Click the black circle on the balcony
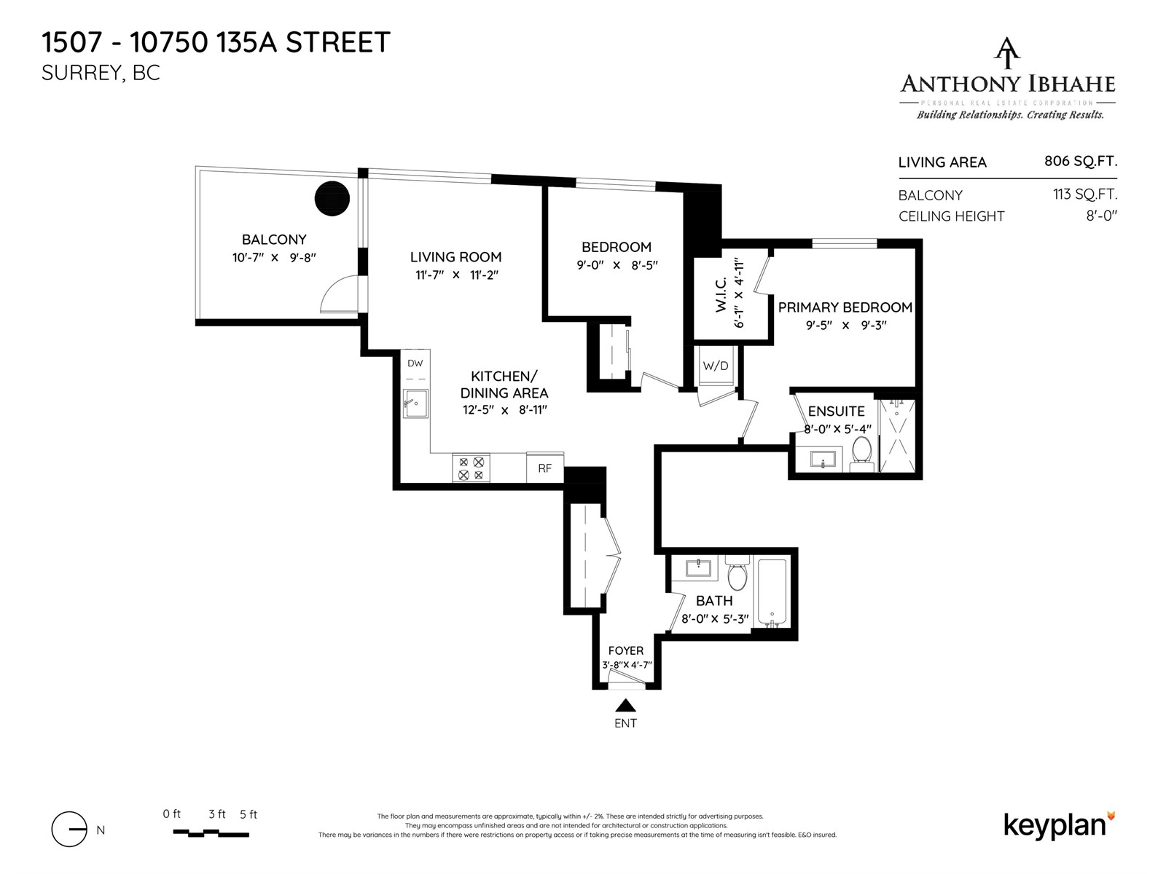click(332, 197)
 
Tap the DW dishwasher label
click(415, 363)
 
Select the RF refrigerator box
click(544, 468)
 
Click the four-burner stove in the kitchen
click(471, 468)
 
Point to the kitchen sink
click(415, 403)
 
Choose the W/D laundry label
click(715, 366)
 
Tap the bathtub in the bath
click(772, 592)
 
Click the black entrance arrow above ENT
click(625, 705)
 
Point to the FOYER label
click(625, 650)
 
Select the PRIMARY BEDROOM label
click(845, 307)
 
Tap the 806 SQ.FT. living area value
click(1080, 161)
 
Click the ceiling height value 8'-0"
click(1101, 216)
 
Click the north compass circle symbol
click(70, 830)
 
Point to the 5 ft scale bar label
click(248, 814)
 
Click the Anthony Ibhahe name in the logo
click(1008, 84)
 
